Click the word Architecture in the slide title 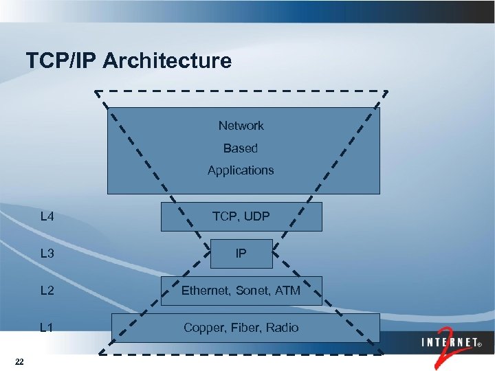click(168, 61)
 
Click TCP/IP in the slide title click(62, 61)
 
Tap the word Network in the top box click(241, 126)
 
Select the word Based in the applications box click(241, 148)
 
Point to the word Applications click(241, 170)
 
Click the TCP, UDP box click(241, 217)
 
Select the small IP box click(241, 254)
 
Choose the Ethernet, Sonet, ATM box click(241, 291)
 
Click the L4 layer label click(47, 217)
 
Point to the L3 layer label click(47, 254)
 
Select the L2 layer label click(47, 291)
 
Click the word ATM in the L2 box click(288, 291)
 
